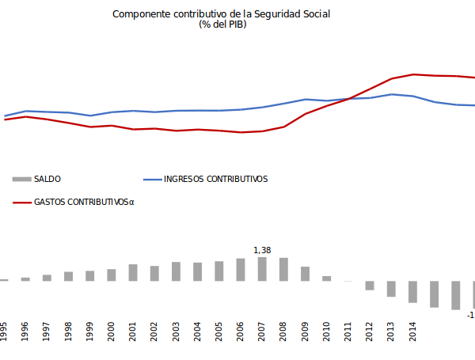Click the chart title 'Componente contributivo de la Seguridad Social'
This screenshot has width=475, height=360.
pyautogui.click(x=222, y=14)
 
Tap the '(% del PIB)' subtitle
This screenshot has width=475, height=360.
pyautogui.click(x=222, y=25)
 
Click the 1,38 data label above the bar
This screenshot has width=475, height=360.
pyautogui.click(x=262, y=251)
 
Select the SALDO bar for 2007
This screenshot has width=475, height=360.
pyautogui.click(x=262, y=269)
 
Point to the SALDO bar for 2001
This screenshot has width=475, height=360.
pyautogui.click(x=133, y=273)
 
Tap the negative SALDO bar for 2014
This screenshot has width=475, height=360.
pyautogui.click(x=412, y=292)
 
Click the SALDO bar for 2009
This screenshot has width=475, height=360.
pyautogui.click(x=305, y=274)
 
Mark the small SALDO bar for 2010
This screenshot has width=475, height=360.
pyautogui.click(x=326, y=279)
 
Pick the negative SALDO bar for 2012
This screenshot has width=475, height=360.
pyautogui.click(x=369, y=286)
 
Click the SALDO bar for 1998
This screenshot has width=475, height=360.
pyautogui.click(x=68, y=276)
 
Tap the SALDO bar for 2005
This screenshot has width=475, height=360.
pyautogui.click(x=219, y=271)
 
